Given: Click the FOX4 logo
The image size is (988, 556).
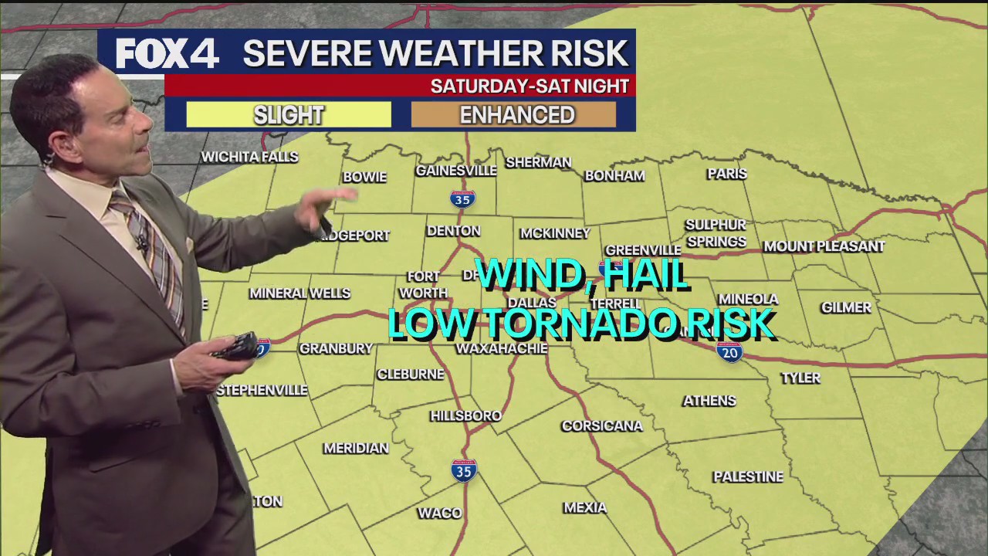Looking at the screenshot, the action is point(167,53).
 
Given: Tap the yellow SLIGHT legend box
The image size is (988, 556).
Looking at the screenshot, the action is point(289,115).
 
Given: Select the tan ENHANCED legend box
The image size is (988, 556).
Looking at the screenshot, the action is point(516,115).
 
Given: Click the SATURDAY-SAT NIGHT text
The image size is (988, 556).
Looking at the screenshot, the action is point(530,86).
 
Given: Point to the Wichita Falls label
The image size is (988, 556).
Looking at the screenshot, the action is point(249,157).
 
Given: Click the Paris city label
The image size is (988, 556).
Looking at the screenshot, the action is point(727,174).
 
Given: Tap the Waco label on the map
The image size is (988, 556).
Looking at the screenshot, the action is point(439,513).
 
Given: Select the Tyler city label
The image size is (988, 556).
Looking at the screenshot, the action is point(800,378).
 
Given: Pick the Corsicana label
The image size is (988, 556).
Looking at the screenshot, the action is point(602,425).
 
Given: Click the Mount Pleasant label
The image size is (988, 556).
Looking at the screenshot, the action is point(824,246).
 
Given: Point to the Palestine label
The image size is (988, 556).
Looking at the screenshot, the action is point(748,476).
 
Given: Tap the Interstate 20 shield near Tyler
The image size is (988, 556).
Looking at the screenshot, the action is point(729,353).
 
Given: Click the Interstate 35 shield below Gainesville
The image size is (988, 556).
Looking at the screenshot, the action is point(462,198).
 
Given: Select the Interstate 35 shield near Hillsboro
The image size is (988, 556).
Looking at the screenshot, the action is point(464,470).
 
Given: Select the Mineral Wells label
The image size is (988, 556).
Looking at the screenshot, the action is point(299,293).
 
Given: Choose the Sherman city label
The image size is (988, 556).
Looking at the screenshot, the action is point(538,162).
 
